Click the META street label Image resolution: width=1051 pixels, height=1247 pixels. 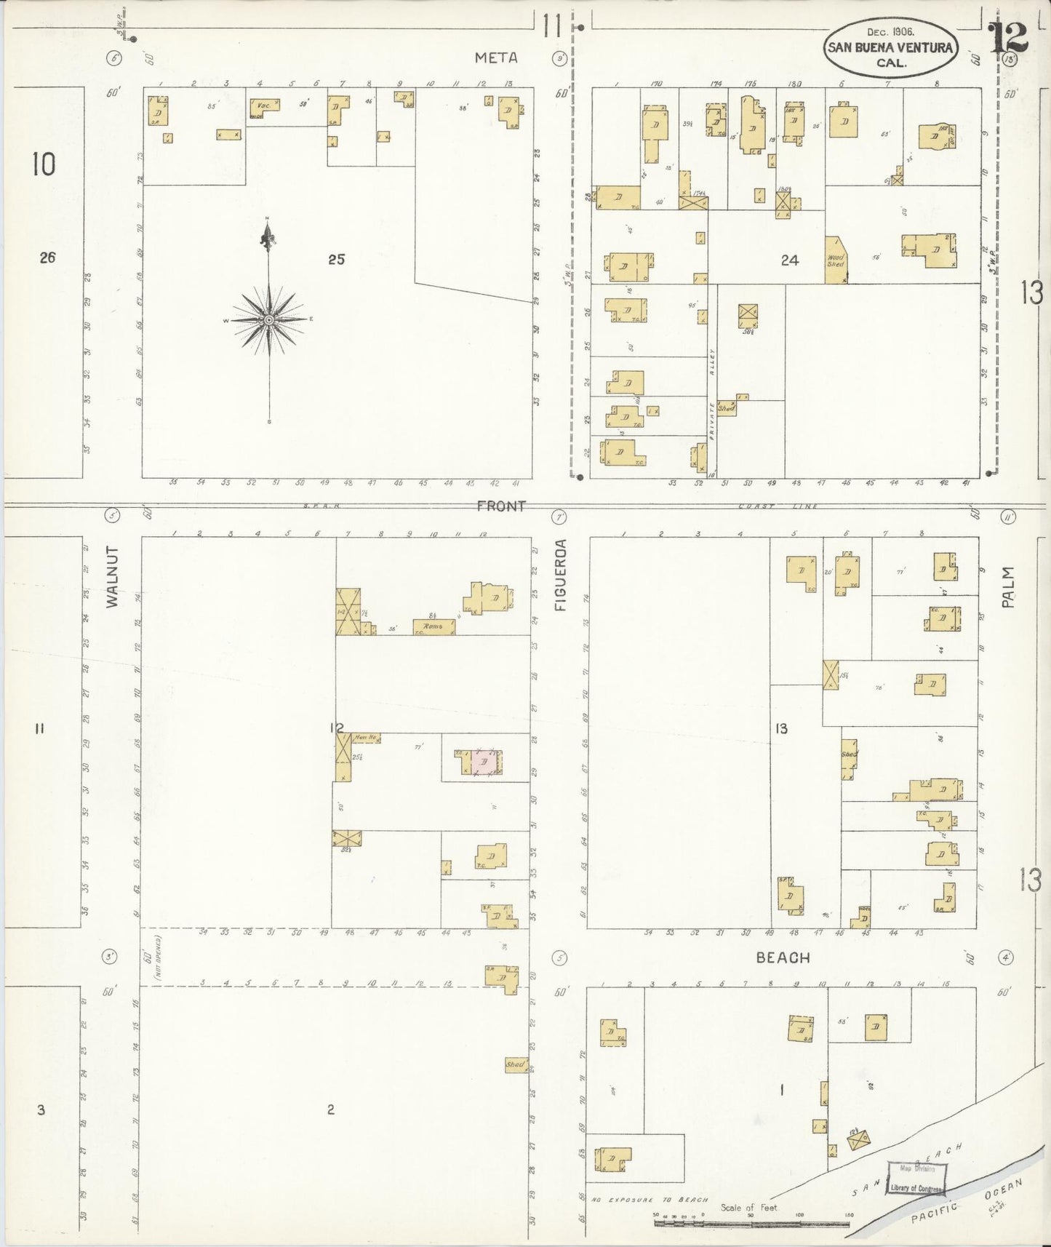(497, 57)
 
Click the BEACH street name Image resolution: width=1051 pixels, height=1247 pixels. (783, 957)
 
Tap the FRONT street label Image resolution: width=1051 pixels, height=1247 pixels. (501, 506)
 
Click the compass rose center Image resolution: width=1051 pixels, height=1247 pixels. (269, 319)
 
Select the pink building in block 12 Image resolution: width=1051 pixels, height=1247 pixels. (484, 762)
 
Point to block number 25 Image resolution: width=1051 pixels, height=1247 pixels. (336, 258)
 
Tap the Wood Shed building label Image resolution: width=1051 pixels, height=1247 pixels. (836, 260)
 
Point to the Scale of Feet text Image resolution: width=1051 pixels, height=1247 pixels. (748, 1207)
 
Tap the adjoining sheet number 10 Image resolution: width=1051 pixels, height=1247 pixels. (43, 164)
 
